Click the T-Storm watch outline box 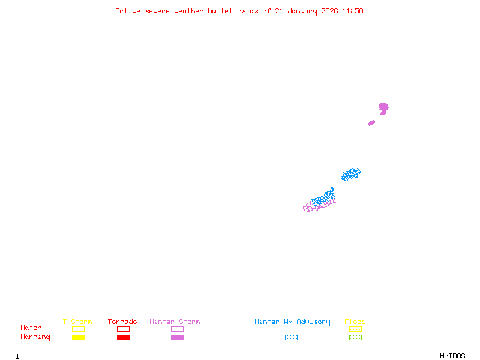[78, 329]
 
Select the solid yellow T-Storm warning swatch [78, 337]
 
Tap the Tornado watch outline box [123, 329]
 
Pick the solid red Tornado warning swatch [123, 337]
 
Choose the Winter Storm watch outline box [177, 329]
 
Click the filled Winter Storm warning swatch [177, 337]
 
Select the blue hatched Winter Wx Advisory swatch [291, 337]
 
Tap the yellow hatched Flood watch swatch [355, 329]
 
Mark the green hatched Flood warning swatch [355, 337]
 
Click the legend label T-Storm [77, 322]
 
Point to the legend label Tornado [122, 322]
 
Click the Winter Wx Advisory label [292, 322]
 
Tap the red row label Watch [31, 328]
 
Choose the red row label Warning [35, 337]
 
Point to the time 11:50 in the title [353, 11]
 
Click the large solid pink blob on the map [383, 108]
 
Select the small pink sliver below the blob [371, 123]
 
